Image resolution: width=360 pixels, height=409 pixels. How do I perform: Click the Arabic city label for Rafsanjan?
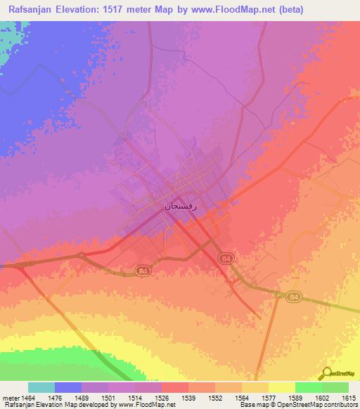tap(177, 206)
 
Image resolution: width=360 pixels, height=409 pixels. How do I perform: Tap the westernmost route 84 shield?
tap(143, 271)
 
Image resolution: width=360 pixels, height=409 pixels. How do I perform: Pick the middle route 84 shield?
tap(226, 259)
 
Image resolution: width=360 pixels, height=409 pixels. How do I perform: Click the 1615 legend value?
tap(347, 398)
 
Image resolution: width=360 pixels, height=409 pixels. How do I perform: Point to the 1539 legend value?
tap(188, 398)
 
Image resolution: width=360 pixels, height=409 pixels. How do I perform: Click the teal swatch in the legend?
tap(41, 387)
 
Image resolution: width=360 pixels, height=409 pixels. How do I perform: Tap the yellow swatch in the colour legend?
tap(281, 387)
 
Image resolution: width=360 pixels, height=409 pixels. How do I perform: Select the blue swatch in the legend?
tap(68, 387)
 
